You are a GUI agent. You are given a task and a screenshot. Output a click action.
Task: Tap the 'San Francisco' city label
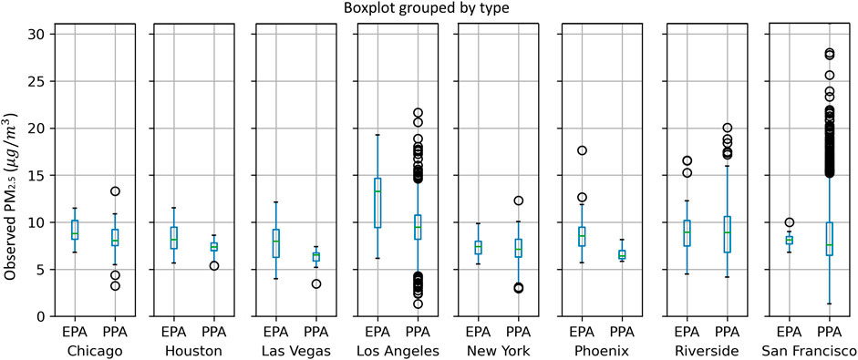[809, 351]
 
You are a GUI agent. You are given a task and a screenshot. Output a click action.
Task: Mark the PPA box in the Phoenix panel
[623, 255]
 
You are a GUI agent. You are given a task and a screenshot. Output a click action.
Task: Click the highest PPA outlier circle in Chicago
[116, 191]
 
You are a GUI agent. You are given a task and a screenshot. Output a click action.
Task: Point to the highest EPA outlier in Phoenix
[582, 150]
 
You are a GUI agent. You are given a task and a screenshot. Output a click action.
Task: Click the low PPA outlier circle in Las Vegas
[316, 284]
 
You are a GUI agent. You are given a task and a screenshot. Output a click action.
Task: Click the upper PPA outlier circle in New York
[521, 201]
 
